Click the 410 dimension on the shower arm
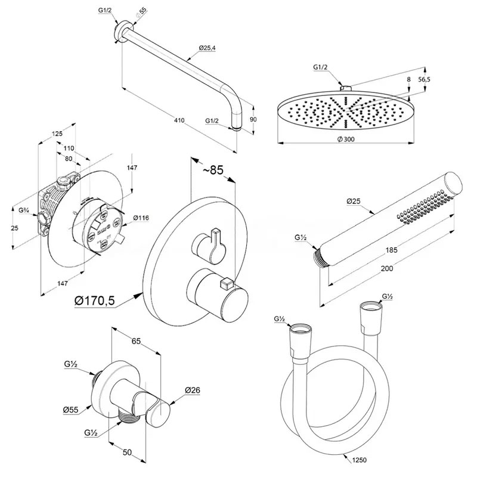(179, 121)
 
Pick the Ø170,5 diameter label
(95, 302)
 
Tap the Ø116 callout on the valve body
(141, 218)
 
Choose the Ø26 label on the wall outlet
(192, 391)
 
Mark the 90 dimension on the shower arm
(253, 119)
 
